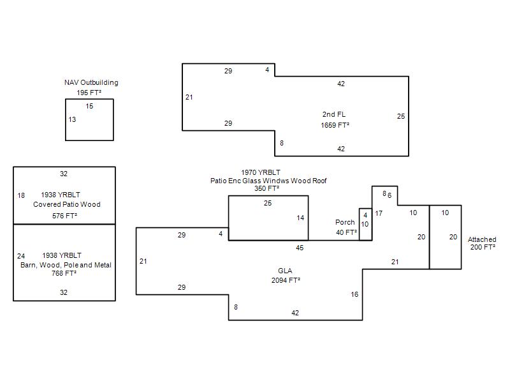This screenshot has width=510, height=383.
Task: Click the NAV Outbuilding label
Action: pos(91,82)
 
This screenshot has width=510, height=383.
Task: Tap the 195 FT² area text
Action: pos(89,93)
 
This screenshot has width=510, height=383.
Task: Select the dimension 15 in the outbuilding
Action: pos(89,106)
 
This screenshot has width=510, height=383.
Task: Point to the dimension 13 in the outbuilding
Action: pos(72,119)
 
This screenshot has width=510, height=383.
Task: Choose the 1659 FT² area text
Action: pos(335,125)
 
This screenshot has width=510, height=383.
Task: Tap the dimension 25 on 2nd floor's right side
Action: pos(400,116)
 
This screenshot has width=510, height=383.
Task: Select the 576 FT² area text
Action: pos(64,216)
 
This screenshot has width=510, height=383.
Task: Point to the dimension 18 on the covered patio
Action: pos(21,195)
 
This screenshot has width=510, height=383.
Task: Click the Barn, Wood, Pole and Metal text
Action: pos(64,264)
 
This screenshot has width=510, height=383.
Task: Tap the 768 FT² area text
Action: pos(64,273)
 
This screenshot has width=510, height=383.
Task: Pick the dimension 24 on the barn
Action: pos(21,256)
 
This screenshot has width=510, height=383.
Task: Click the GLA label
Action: pos(285,271)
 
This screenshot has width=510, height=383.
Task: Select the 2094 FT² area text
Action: pos(285,280)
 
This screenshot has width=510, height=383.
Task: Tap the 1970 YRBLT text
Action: pos(261,172)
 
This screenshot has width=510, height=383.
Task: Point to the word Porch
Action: pos(345,222)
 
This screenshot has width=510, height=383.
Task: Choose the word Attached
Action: pos(482,239)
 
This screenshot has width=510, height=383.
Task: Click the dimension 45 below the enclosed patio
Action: pos(300,247)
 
